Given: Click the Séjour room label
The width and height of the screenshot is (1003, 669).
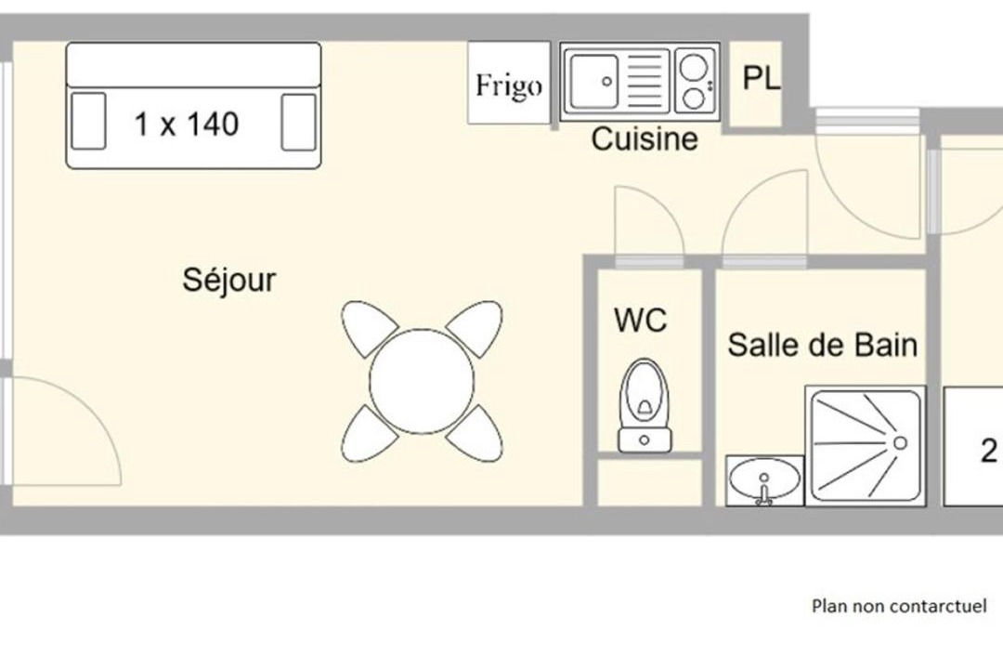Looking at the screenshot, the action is pos(229,281).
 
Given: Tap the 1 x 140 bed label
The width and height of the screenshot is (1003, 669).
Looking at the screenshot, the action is pos(187,124).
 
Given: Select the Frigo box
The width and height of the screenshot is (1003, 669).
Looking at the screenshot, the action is pos(509,83).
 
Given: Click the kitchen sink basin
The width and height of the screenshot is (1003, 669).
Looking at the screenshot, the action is pos(594,82).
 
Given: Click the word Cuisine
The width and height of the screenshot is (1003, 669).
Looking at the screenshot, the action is pos(645,139).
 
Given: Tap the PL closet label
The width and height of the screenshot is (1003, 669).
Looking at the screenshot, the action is pos(762,78).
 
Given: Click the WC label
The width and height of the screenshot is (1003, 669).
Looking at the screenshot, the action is pos(640,320).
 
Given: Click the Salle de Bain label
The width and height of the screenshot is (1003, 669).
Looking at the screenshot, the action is pos(823,345).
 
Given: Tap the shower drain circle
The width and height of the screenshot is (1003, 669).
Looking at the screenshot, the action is pos(900,443).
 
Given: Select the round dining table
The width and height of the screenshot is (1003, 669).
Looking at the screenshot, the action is pos(422,382).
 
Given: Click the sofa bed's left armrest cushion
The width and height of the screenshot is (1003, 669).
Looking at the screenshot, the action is pos(88,121).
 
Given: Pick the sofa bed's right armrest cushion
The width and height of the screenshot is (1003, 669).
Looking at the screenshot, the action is pos(299,123).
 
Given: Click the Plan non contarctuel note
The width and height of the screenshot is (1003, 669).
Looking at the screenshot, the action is pos(899,606).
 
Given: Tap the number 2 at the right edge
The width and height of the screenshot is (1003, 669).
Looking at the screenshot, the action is pos(989,451).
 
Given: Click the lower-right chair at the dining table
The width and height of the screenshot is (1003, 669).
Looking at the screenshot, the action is pos(475,433).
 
